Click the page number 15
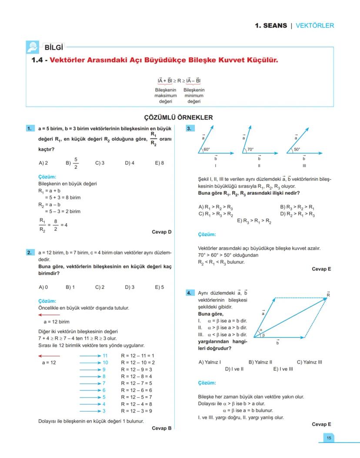coord(329,438)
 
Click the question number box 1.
coord(30,129)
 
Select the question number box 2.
coord(30,252)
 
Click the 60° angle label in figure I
coord(207,149)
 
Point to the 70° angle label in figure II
coord(250,149)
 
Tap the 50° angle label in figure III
coord(297,149)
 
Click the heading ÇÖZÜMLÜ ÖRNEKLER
coord(178,117)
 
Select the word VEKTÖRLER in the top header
coord(315,26)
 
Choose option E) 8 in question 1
coord(159,164)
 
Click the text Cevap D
coord(161,232)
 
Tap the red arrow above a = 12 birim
coord(49,314)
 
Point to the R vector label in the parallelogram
coord(329,294)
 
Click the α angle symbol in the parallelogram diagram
coord(261,330)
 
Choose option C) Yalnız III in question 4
coord(309,362)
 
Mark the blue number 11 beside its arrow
coord(105,355)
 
